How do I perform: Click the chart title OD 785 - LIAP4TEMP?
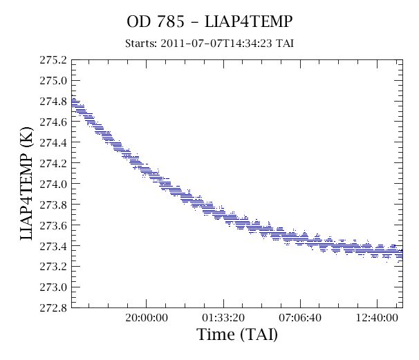click(209, 21)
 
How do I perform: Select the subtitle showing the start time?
click(209, 44)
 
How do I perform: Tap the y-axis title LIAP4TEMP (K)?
click(27, 184)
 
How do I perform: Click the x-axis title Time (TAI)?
click(237, 334)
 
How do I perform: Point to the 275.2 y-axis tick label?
click(53, 60)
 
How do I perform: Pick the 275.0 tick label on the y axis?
click(53, 81)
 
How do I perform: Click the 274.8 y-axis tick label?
click(53, 102)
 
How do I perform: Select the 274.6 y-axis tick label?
click(53, 122)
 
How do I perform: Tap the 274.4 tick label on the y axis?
click(53, 142)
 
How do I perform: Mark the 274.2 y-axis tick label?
click(53, 163)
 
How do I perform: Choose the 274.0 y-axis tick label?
click(53, 184)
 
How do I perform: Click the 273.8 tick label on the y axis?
click(53, 205)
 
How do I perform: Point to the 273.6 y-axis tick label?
click(53, 225)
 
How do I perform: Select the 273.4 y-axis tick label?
click(53, 246)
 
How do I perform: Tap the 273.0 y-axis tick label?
click(53, 287)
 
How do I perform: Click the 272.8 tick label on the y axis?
click(53, 308)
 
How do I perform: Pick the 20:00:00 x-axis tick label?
click(147, 318)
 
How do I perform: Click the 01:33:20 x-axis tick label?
click(223, 318)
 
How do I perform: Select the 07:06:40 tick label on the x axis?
click(300, 318)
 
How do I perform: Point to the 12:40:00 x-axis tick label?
click(377, 318)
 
